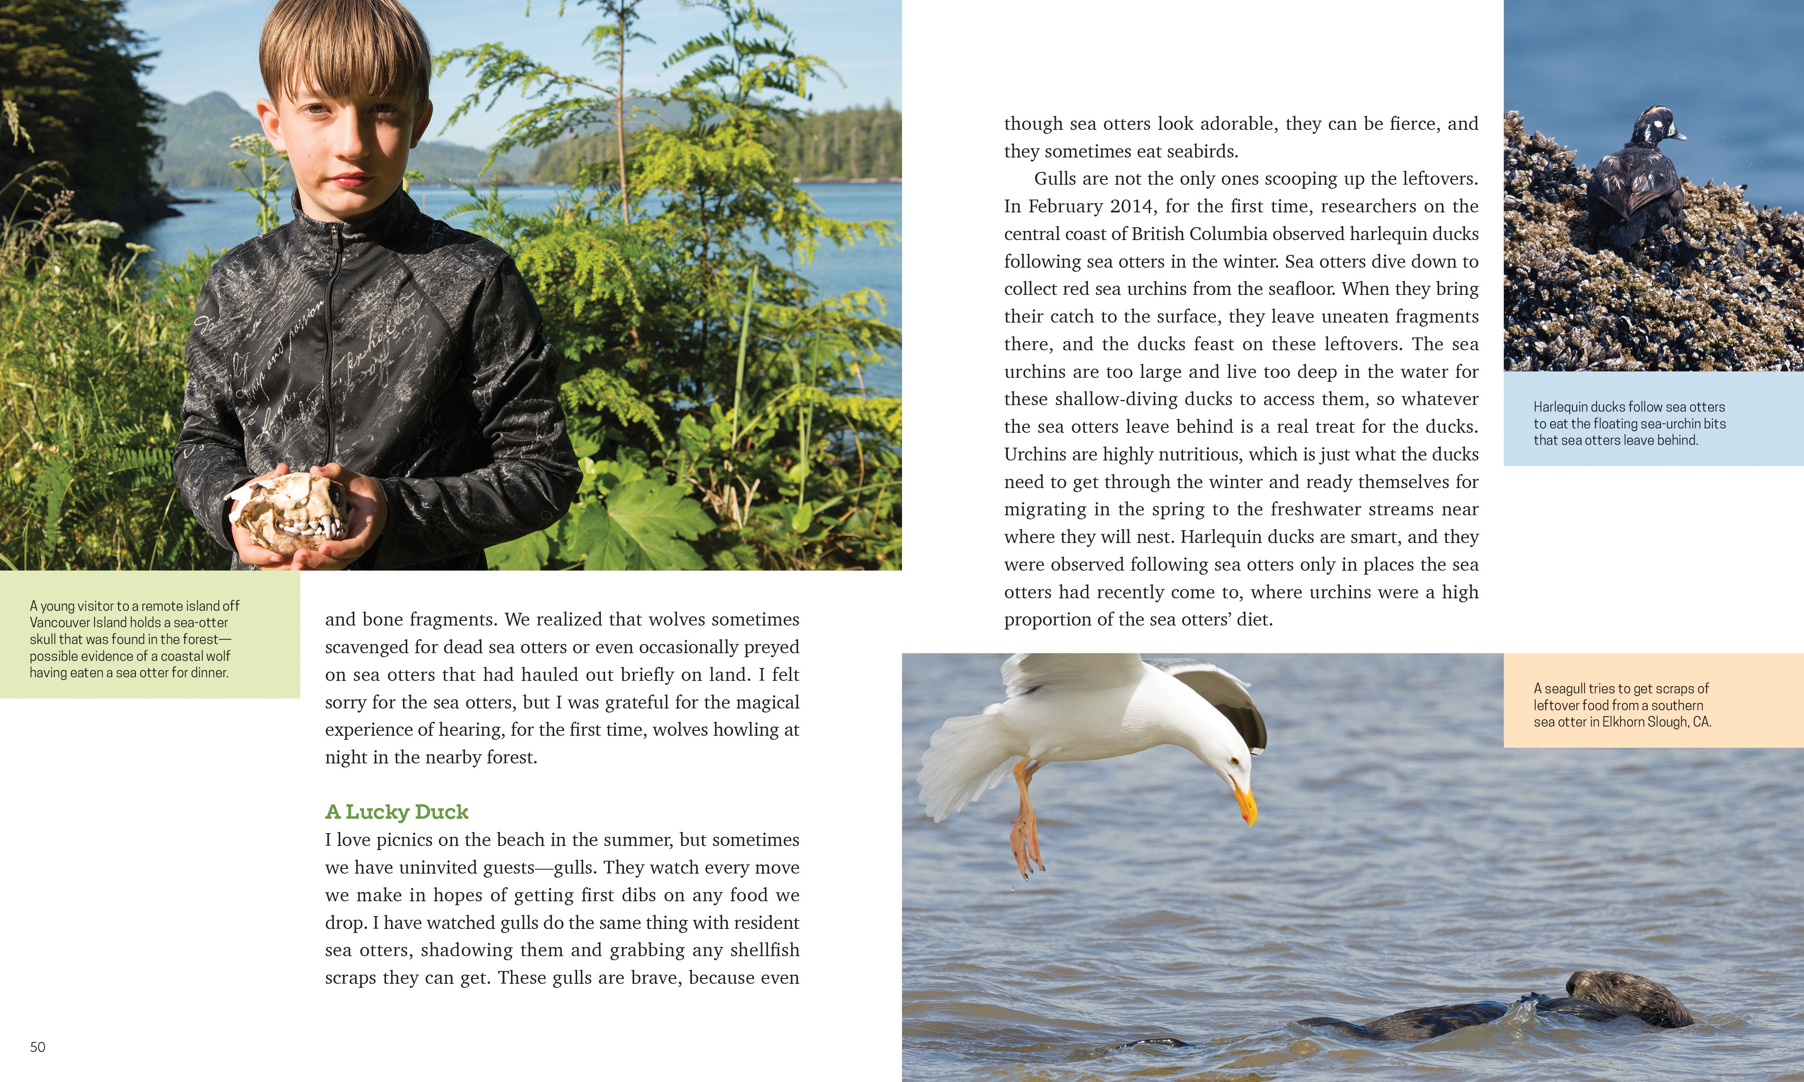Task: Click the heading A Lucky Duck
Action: coord(396,811)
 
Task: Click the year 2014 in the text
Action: coord(1133,206)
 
